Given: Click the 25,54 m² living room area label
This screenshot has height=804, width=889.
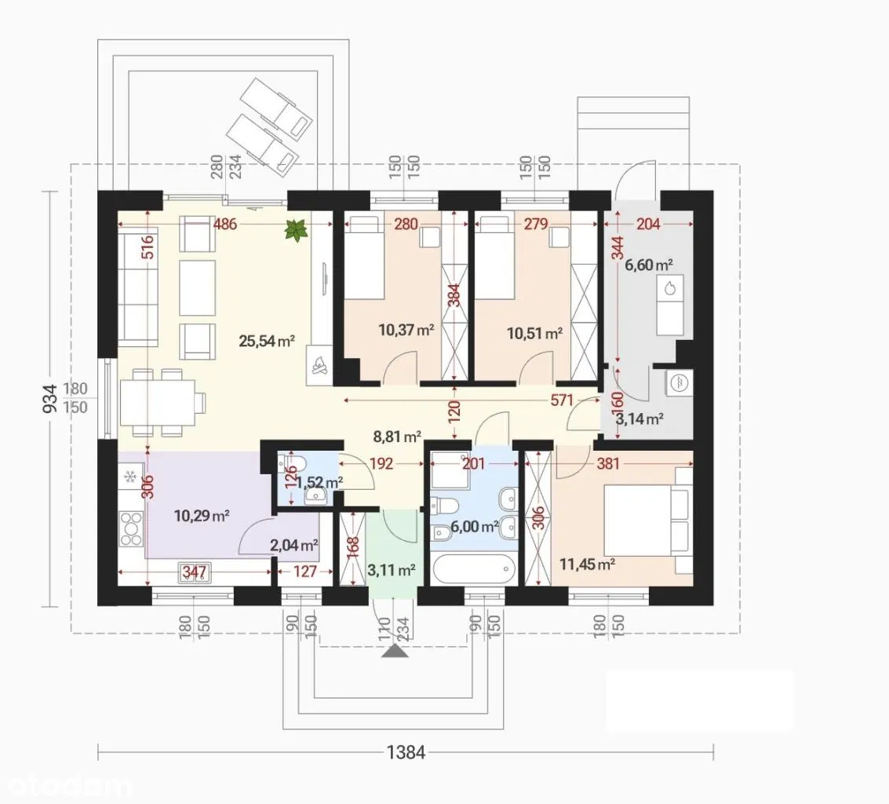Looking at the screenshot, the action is [267, 341].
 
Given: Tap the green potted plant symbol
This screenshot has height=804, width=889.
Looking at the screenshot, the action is [297, 230].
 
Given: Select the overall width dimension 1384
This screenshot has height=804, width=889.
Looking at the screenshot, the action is [406, 752].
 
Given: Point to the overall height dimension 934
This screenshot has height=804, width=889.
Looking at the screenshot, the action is [50, 398].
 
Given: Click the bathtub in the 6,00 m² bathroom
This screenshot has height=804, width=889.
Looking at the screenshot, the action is [473, 568].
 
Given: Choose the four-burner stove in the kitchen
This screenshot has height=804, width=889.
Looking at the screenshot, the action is [131, 529].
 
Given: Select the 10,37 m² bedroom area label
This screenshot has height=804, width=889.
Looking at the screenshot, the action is [406, 330].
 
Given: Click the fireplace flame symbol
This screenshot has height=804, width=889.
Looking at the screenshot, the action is [319, 365].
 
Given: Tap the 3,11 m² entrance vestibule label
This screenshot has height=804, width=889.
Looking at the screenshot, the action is [392, 570].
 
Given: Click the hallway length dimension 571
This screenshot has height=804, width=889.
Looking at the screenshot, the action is [562, 400].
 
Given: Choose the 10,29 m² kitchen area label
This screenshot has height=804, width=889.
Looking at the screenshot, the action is [202, 516].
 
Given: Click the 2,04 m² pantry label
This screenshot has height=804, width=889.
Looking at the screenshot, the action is [294, 546].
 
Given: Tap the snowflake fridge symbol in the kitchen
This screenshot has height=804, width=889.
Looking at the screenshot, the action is [129, 474].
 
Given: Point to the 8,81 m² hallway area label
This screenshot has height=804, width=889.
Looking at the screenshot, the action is [397, 437].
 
